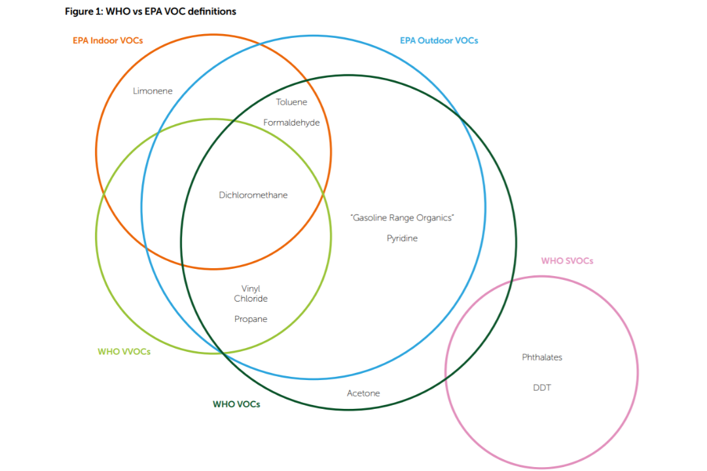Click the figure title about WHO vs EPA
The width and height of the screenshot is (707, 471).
151,12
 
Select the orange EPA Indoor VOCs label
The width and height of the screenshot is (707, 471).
107,41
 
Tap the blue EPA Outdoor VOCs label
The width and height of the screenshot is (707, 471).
439,41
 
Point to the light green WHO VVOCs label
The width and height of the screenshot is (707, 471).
124,351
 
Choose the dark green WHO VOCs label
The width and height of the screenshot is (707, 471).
236,404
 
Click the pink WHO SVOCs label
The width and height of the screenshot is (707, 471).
567,261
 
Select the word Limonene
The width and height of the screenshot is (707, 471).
153,91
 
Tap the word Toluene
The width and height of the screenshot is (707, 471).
291,102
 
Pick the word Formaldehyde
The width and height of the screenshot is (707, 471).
291,122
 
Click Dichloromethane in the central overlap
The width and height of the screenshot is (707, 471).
253,195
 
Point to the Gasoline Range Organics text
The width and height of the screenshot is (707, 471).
402,218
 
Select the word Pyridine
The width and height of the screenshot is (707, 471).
402,238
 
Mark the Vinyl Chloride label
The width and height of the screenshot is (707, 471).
251,293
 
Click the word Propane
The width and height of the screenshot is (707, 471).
251,319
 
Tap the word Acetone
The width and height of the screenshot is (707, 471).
363,393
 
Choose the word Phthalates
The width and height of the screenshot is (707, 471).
542,357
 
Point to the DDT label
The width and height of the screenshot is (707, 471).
542,387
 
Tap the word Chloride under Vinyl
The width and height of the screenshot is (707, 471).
251,298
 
